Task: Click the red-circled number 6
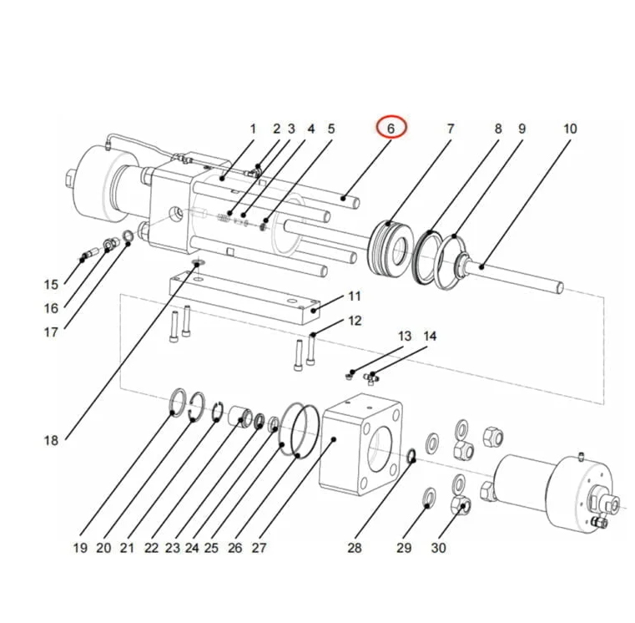(391, 128)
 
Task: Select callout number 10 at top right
(570, 129)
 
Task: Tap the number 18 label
(51, 440)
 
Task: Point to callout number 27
(259, 548)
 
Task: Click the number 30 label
(438, 548)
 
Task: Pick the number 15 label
(51, 285)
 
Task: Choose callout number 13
(405, 337)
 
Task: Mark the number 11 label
(354, 296)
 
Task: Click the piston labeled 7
(391, 247)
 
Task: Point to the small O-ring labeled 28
(411, 455)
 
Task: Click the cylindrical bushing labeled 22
(243, 414)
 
